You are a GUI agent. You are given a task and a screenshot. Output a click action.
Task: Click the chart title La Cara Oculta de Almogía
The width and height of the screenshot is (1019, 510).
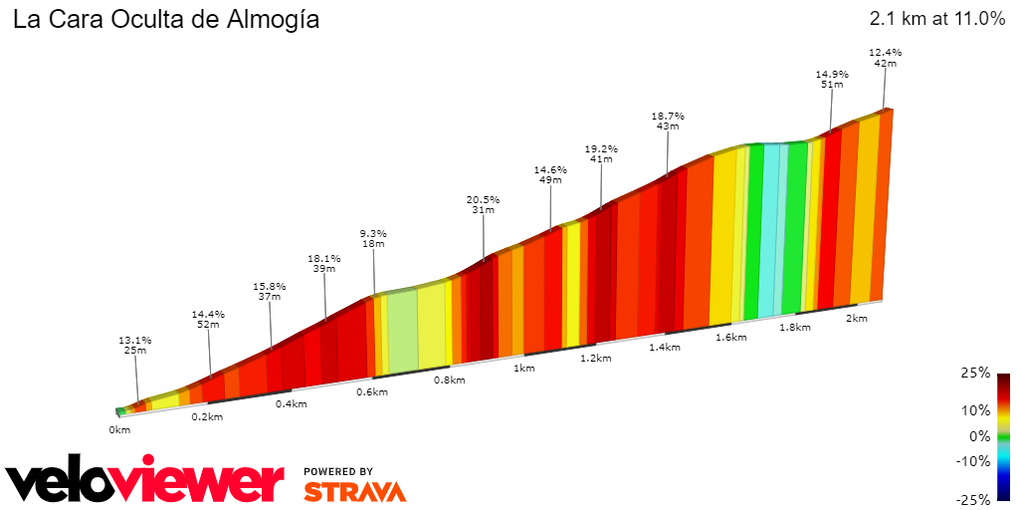166,20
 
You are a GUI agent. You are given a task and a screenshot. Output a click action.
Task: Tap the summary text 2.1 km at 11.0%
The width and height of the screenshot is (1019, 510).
937,19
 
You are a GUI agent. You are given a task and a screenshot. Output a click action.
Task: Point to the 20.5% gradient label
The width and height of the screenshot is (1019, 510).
483,199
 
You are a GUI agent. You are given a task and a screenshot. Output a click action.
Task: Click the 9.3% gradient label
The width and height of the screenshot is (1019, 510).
373,233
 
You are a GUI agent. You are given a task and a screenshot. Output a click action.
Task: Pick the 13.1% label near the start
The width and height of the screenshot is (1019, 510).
134,340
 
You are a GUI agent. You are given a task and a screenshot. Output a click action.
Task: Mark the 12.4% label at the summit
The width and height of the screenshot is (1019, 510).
885,52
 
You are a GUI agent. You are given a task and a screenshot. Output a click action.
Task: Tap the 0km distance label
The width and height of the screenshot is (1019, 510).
119,430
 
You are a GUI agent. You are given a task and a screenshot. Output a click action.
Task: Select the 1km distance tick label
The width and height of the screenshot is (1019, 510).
523,369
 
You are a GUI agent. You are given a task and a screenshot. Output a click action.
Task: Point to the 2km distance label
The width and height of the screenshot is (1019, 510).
856,319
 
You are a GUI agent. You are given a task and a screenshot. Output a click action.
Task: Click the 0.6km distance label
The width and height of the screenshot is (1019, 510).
371,392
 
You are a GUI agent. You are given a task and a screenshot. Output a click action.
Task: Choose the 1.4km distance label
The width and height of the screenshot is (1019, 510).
665,348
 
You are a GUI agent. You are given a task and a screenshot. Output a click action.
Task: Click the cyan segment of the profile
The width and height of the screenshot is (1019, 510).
769,229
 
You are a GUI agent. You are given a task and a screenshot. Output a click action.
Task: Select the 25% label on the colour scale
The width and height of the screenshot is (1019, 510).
976,373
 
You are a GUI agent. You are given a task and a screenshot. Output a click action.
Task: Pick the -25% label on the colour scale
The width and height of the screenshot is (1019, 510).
974,499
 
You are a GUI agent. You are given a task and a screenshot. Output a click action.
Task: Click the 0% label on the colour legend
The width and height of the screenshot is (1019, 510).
980,435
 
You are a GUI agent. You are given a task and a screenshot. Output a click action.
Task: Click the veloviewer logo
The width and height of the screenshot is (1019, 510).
145,482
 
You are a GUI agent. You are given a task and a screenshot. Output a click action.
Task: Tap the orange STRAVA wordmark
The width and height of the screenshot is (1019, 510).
354,491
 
